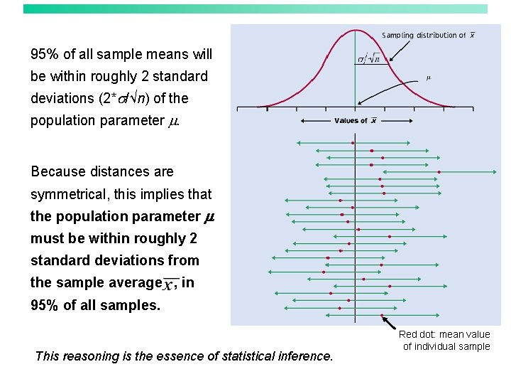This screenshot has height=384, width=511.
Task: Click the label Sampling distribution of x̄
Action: (x=429, y=36)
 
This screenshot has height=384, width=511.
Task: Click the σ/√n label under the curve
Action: (x=368, y=58)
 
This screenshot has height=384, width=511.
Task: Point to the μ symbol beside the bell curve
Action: (x=428, y=77)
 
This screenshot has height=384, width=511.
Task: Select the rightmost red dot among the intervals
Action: (x=439, y=172)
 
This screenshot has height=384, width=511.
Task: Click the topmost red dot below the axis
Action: (x=353, y=144)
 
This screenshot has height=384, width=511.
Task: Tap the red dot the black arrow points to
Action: (x=382, y=315)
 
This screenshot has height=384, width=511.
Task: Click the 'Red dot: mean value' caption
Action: (x=444, y=334)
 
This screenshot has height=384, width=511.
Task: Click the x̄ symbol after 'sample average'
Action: (x=170, y=284)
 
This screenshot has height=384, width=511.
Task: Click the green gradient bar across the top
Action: (x=255, y=9)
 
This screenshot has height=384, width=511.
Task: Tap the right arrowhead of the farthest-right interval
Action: (x=495, y=172)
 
